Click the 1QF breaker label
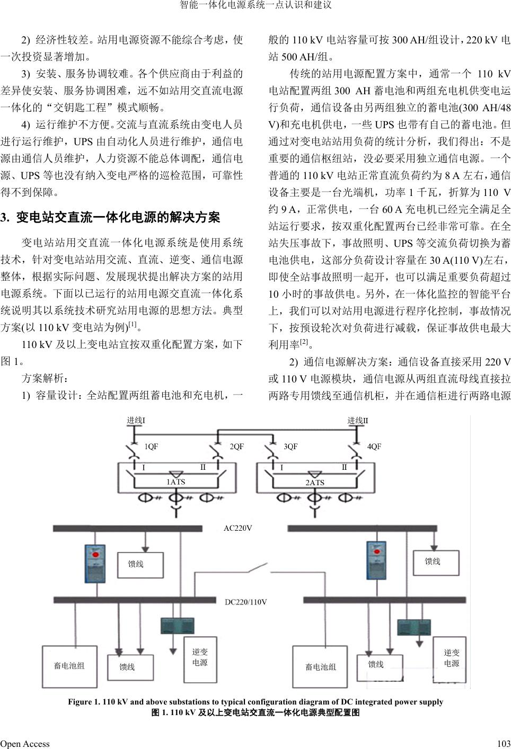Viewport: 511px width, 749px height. click(x=152, y=447)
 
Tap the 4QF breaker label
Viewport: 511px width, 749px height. click(x=374, y=447)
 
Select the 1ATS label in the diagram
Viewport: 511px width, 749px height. click(x=176, y=482)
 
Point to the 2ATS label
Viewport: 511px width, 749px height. click(x=315, y=483)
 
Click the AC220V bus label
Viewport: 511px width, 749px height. click(x=237, y=528)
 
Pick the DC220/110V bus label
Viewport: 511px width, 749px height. click(x=246, y=602)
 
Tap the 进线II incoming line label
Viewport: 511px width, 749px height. click(x=358, y=421)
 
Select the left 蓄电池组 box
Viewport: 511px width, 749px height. click(x=69, y=666)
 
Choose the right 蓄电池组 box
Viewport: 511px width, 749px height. click(x=321, y=667)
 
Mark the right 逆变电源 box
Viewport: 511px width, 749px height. click(x=452, y=658)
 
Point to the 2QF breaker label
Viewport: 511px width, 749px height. click(x=236, y=447)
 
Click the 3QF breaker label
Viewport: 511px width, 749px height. click(x=290, y=447)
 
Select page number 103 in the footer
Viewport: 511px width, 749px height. click(x=504, y=744)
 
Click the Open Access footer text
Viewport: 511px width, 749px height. click(x=25, y=744)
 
